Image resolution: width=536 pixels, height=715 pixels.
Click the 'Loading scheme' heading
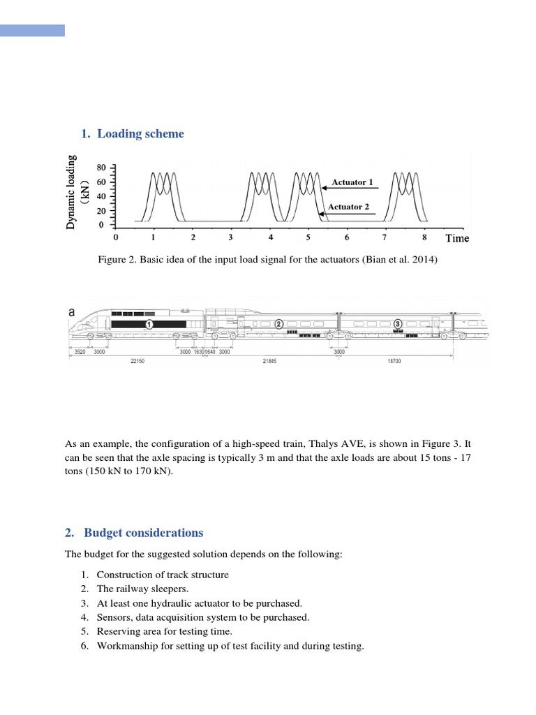[x=140, y=133]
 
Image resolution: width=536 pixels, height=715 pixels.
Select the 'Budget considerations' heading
[x=143, y=533]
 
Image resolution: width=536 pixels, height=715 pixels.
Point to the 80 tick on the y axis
[x=101, y=167]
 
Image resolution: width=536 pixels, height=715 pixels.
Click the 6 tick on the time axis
[x=347, y=237]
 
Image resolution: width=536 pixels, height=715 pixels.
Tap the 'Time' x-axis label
[x=457, y=238]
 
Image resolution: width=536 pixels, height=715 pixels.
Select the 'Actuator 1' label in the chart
[x=352, y=182]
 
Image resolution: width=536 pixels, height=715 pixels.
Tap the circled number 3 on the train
[x=398, y=324]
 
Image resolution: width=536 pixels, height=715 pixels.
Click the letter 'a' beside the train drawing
[x=71, y=314]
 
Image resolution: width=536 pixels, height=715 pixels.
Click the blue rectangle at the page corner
[x=32, y=30]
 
